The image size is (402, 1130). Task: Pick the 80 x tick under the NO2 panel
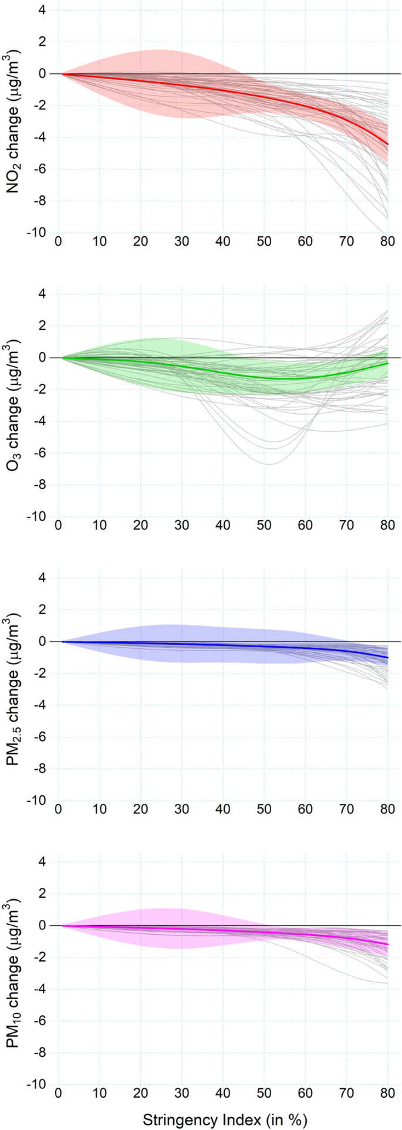click(388, 242)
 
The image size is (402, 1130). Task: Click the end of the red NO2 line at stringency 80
click(388, 144)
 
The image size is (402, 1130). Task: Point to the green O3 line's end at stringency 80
click(388, 363)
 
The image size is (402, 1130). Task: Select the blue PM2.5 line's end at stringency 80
click(388, 658)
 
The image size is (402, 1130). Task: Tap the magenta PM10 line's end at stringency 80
click(388, 945)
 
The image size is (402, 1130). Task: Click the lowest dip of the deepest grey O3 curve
click(268, 464)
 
